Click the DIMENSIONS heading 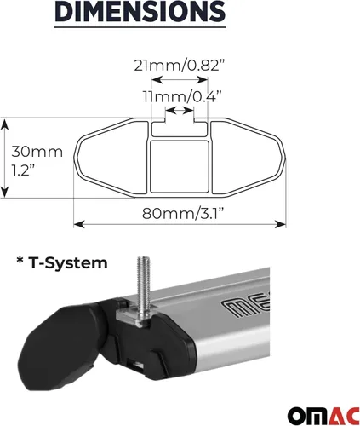pos(140,11)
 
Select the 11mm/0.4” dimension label pos(182,96)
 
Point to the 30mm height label pos(37,152)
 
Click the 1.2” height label pos(23,170)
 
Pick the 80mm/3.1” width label pos(183,213)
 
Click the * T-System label pos(62,263)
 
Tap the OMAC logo pos(323,415)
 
